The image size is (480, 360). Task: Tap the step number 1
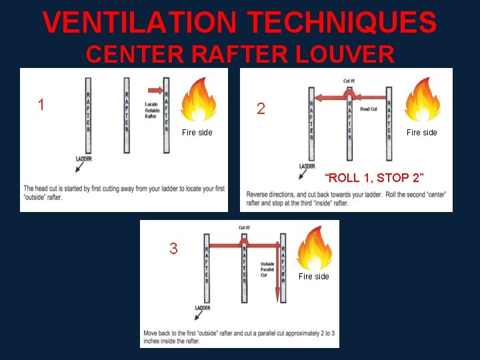coord(41,105)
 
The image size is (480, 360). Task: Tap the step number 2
coord(261,109)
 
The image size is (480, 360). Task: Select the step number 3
coord(173,249)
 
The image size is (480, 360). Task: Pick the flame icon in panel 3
coord(313,247)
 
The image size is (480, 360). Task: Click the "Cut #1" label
coord(349,81)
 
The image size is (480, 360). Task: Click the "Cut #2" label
coord(245,228)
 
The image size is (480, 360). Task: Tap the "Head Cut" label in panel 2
coord(369,109)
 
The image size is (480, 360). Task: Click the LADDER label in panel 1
coord(84,159)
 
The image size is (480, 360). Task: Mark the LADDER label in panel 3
coord(203,308)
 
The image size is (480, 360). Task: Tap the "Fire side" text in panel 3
coord(313,277)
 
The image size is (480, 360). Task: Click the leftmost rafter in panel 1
coord(88,115)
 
